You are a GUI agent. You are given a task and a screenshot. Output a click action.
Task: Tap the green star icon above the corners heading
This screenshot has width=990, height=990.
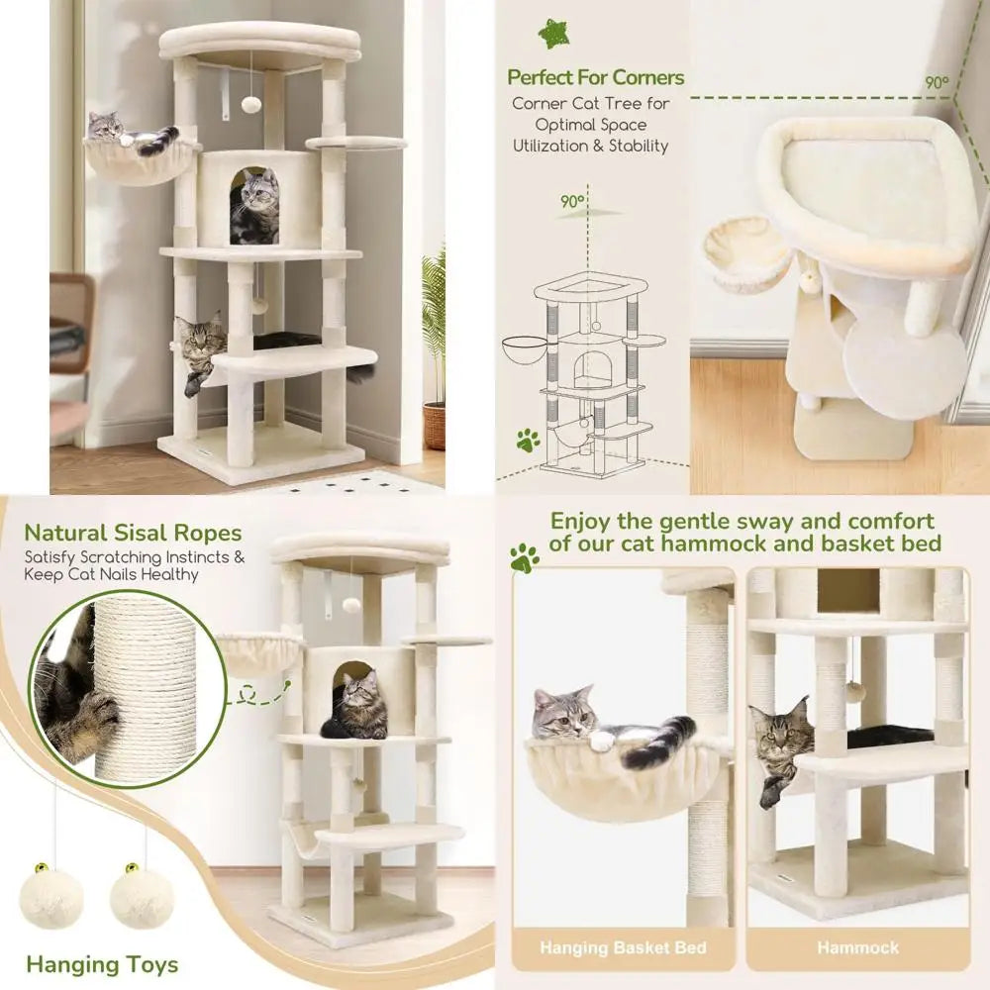554,34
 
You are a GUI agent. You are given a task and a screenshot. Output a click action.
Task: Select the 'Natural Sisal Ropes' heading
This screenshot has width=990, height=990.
133,535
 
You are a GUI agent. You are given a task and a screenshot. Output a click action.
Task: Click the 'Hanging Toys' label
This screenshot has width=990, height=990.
102,964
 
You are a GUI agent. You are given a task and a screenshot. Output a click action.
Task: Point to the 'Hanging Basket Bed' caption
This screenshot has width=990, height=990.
624,947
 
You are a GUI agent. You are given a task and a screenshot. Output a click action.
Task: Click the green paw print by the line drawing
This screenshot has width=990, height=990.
528,440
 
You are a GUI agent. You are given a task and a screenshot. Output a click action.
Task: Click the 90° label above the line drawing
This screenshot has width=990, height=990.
572,201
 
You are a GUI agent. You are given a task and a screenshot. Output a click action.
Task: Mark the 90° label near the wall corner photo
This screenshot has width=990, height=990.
937,83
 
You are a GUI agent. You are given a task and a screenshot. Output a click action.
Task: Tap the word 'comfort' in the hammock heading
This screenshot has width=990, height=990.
883,521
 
